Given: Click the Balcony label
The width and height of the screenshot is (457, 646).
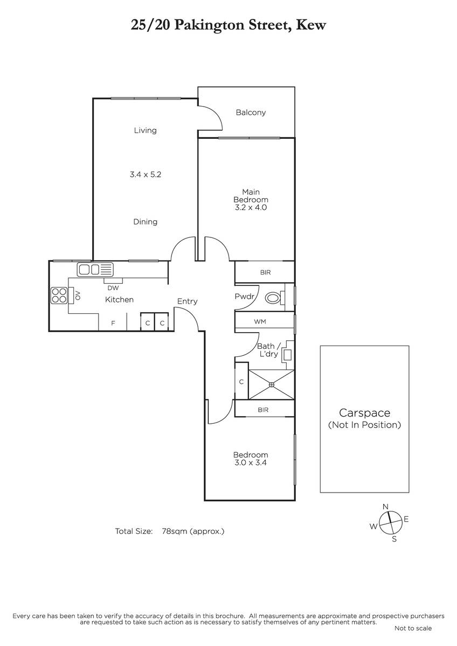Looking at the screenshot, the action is (251, 113).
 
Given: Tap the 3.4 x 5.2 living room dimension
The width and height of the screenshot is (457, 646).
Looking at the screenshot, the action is (145, 174).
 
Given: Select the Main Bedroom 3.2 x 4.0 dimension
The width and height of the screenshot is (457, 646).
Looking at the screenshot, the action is (251, 207).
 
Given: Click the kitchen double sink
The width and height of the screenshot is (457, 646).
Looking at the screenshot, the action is (95, 270).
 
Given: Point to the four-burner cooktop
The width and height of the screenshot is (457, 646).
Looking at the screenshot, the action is (59, 296).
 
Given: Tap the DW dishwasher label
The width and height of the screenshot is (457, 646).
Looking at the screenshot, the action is (113, 288).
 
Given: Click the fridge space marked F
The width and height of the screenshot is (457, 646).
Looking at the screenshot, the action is (113, 323).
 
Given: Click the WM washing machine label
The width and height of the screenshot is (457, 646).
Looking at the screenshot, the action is (260, 321).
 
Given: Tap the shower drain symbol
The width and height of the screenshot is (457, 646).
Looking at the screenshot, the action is (272, 384).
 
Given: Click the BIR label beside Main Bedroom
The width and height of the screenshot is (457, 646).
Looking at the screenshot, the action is (265, 272).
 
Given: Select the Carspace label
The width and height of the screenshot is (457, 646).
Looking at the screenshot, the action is (365, 413).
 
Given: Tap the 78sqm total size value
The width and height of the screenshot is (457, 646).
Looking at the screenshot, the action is (175, 531).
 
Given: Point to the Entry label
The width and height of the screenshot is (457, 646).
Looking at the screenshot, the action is (187, 301).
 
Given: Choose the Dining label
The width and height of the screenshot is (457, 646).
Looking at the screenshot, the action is (145, 222).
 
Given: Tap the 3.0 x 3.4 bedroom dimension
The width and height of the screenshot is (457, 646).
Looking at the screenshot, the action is (251, 462).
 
